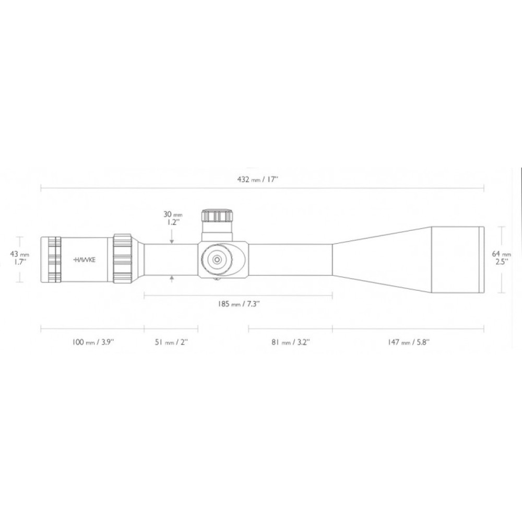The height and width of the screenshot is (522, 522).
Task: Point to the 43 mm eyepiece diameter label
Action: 20,254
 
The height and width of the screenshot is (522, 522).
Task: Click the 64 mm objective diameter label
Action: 502,254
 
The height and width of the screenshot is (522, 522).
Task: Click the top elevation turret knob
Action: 217,216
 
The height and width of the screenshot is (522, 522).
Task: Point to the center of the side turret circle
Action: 216,258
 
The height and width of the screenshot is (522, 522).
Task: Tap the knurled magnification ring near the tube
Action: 123,258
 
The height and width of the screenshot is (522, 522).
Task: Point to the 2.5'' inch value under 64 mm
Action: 502,262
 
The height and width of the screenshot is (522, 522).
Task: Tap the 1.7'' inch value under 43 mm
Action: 20,262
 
